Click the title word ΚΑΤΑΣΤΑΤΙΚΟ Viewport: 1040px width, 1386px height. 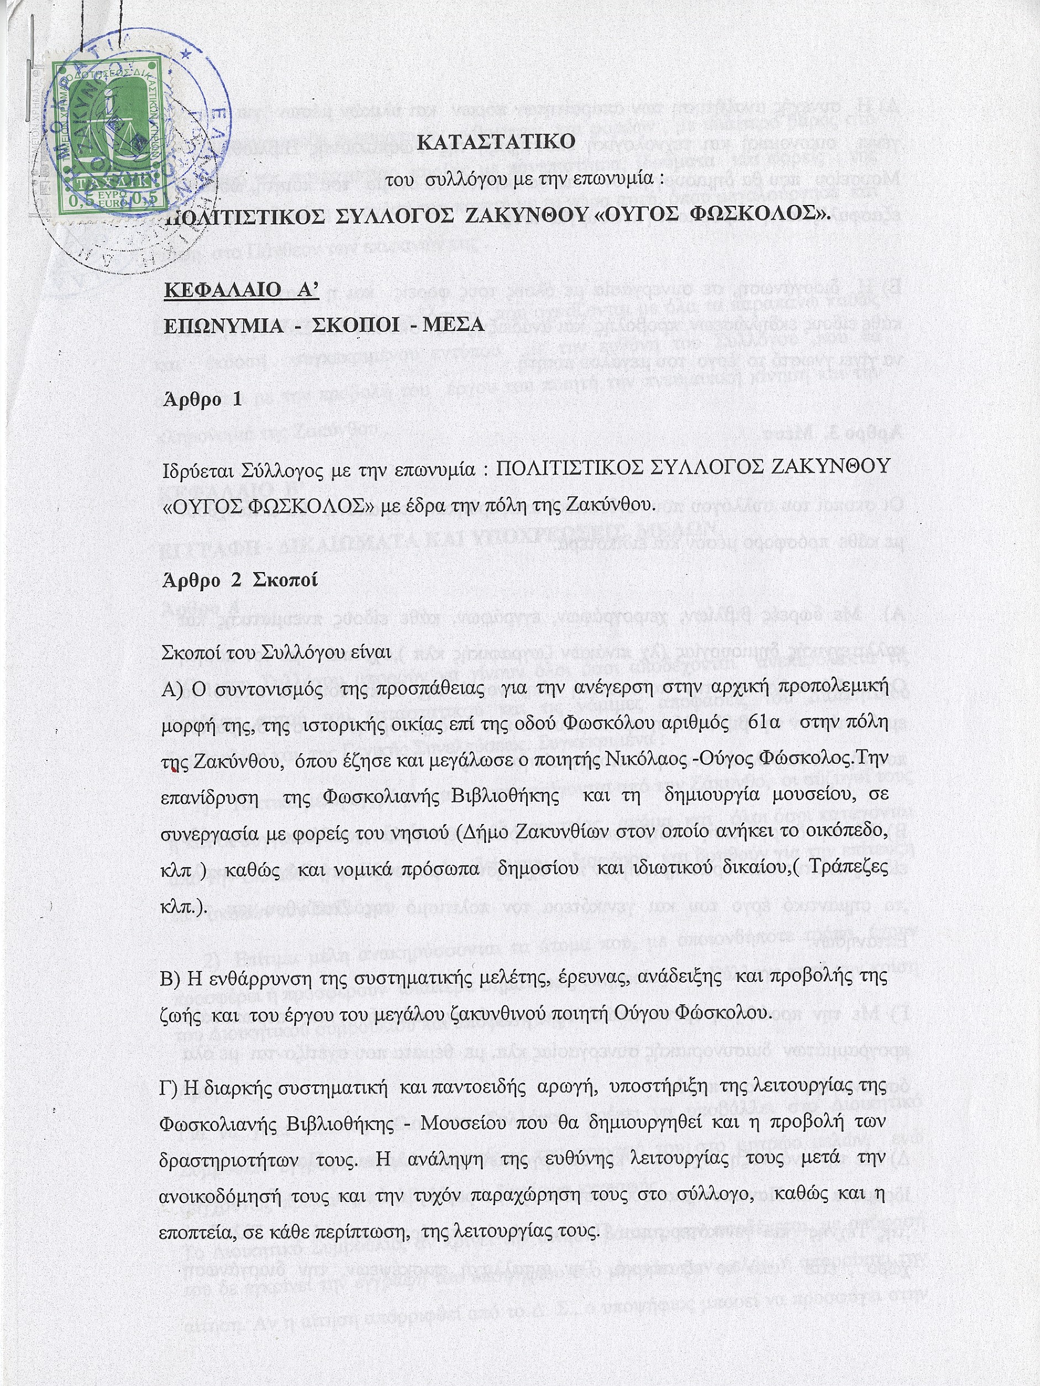click(x=496, y=142)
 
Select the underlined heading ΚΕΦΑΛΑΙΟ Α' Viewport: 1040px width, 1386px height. click(x=241, y=291)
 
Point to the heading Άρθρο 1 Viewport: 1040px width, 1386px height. click(x=202, y=399)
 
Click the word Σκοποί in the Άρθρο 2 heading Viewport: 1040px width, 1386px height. click(x=285, y=580)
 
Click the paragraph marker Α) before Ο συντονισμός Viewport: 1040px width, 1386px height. click(x=172, y=688)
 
